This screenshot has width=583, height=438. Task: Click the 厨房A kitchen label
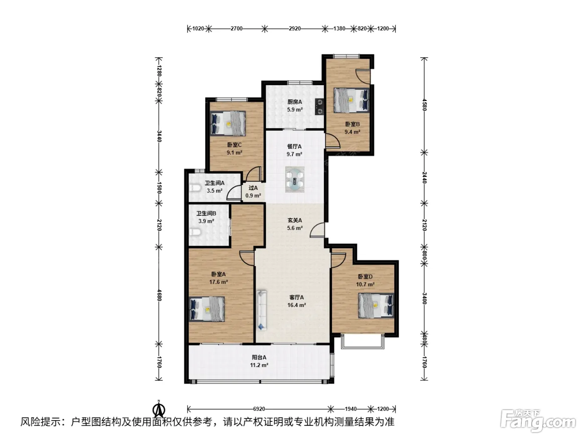tap(294, 102)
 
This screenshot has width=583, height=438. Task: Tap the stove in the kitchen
tap(319, 107)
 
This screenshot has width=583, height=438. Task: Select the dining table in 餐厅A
tap(294, 179)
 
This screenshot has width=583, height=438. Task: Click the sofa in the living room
tap(262, 310)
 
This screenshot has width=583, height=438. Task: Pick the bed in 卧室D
tap(376, 306)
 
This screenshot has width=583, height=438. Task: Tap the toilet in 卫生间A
tap(195, 188)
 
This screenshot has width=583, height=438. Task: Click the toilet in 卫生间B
tap(195, 232)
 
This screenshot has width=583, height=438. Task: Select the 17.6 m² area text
tap(218, 282)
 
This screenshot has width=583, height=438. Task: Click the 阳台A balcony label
tap(259, 357)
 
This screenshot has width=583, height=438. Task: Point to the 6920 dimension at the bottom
tap(259, 409)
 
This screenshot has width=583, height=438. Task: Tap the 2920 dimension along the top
tap(295, 28)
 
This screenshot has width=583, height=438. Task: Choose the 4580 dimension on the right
tap(424, 105)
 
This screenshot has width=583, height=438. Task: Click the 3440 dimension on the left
tap(159, 136)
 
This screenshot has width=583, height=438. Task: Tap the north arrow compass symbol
tap(159, 410)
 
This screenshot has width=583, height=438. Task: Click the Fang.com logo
tap(538, 421)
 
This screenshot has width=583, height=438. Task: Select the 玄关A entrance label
tap(295, 221)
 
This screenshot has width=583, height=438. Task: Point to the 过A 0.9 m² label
tap(253, 192)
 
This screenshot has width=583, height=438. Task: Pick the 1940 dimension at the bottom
tap(351, 409)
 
